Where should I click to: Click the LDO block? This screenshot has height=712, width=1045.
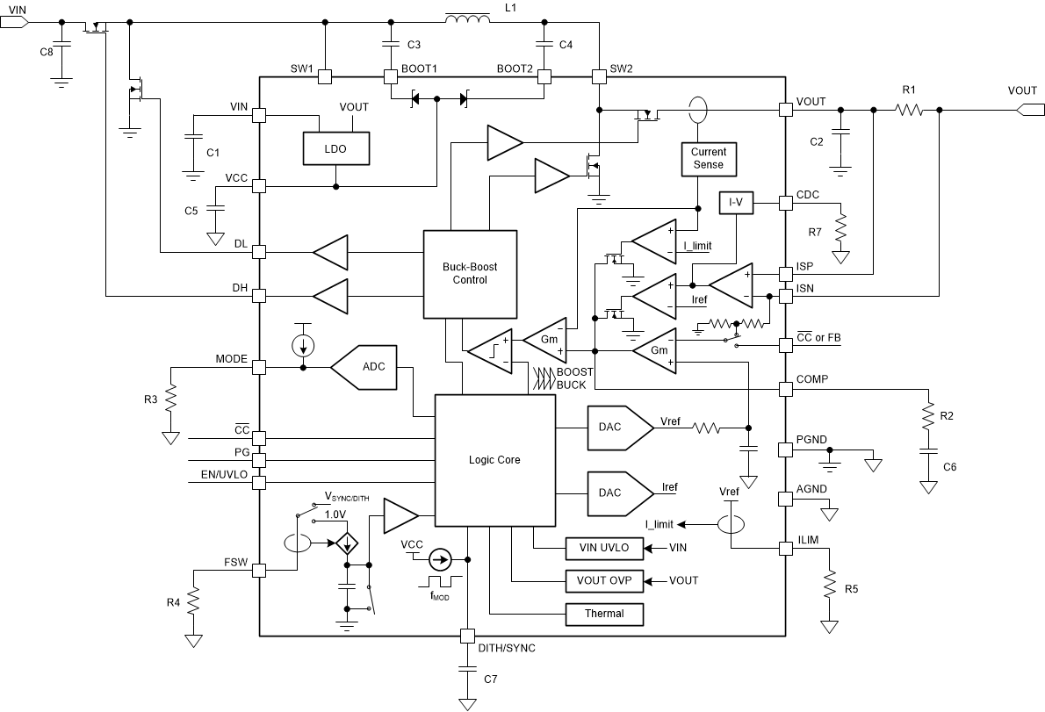click(335, 149)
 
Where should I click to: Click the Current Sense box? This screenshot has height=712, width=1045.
click(708, 158)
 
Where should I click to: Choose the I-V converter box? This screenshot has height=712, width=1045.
click(736, 204)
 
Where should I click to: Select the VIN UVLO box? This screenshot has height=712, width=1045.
click(604, 548)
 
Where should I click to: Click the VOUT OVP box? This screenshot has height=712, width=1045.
click(604, 580)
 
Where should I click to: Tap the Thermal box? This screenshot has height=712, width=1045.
click(604, 613)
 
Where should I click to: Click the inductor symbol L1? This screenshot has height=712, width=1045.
click(469, 20)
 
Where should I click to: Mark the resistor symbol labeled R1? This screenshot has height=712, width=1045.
click(909, 110)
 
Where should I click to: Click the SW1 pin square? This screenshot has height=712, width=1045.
click(325, 76)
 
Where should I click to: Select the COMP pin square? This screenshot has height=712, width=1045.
click(786, 388)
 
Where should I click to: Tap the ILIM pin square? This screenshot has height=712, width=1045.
click(786, 549)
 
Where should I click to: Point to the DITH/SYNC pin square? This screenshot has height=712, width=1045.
click(467, 636)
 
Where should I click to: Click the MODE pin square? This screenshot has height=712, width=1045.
click(259, 367)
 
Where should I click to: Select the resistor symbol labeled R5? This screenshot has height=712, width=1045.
click(828, 586)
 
